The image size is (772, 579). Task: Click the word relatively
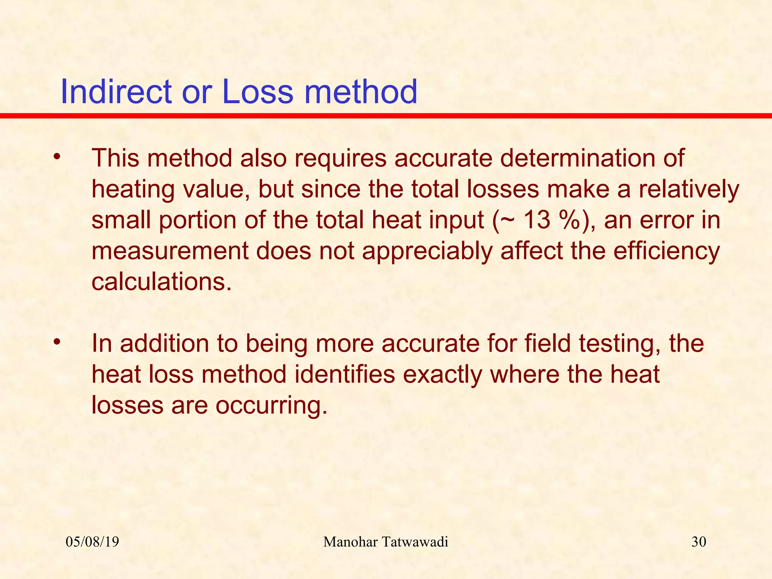[688, 189]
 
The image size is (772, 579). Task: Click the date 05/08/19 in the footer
[92, 542]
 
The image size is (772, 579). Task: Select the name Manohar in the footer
[350, 542]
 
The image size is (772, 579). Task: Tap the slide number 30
[699, 542]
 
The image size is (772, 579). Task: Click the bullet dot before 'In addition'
[57, 342]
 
